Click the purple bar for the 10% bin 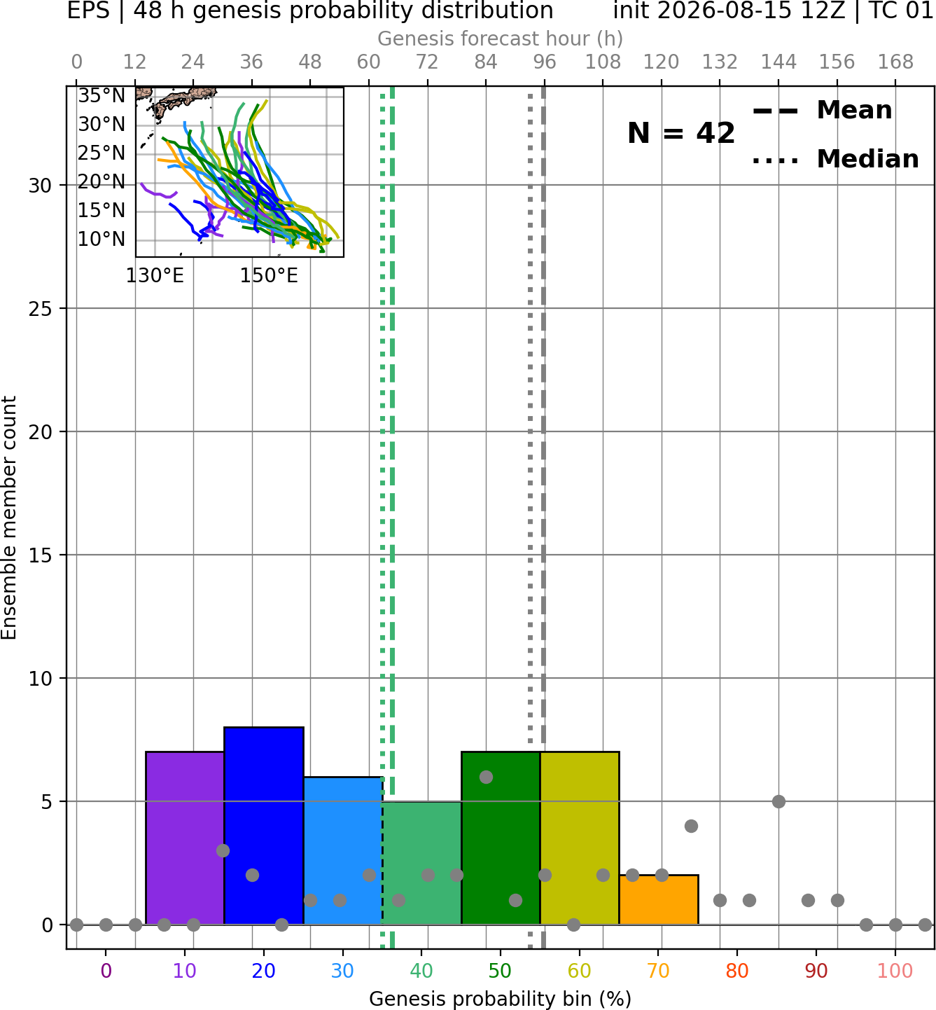[x=185, y=838]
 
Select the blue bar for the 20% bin [x=264, y=825]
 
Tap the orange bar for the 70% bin [x=658, y=899]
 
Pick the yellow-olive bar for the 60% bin [x=580, y=838]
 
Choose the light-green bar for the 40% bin [x=422, y=862]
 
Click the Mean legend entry [x=822, y=111]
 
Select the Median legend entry [x=835, y=159]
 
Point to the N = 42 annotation [x=680, y=133]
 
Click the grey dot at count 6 [x=486, y=777]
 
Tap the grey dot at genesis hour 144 [x=778, y=801]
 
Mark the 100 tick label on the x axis [x=895, y=970]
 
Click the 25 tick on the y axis [x=41, y=309]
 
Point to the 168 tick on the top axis [x=895, y=62]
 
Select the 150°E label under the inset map [x=269, y=276]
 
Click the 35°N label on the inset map [x=102, y=96]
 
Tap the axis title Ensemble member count [x=9, y=518]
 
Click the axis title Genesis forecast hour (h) [x=501, y=39]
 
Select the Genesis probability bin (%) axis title [x=501, y=998]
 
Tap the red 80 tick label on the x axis [x=737, y=970]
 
